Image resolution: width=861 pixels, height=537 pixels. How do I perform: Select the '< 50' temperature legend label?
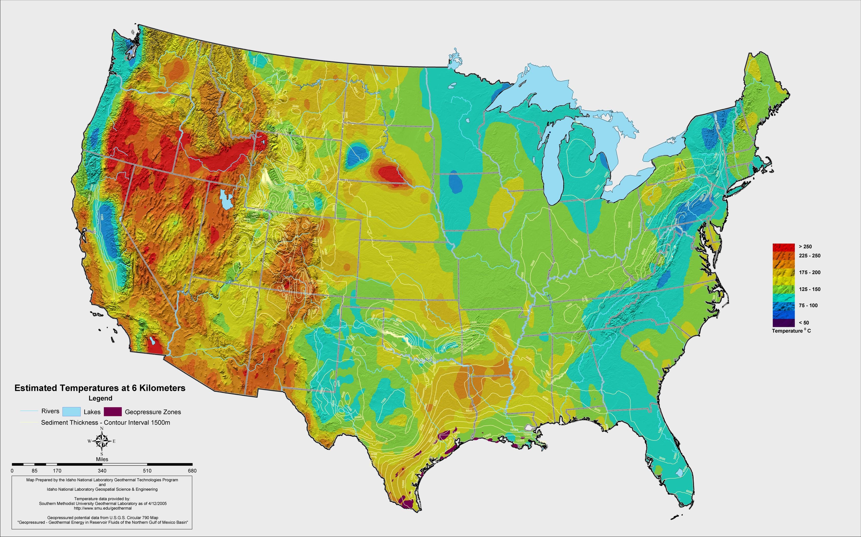tap(804, 323)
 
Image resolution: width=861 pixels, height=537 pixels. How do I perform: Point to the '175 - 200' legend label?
tap(809, 272)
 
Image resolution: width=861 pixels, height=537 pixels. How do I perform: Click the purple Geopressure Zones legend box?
tap(113, 412)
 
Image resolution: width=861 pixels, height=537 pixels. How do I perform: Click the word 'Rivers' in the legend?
tap(50, 411)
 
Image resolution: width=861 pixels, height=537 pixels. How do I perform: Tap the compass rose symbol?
tap(102, 441)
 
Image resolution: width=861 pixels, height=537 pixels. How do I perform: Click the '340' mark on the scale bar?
tap(102, 471)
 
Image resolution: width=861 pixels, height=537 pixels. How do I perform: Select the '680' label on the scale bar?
tap(192, 471)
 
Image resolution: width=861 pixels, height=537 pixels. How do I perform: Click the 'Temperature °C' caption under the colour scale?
tap(791, 331)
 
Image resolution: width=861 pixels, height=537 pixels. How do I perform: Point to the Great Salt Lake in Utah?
tap(225, 200)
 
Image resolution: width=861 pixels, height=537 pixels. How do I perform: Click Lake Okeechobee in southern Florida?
tap(679, 472)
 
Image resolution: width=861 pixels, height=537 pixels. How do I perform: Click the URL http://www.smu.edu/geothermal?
tap(102, 508)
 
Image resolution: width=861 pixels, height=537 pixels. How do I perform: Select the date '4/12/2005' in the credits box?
tap(156, 503)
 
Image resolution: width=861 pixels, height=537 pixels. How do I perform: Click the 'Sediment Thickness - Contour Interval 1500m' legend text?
tap(105, 423)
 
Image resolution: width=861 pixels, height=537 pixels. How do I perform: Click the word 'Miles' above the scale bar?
tap(102, 459)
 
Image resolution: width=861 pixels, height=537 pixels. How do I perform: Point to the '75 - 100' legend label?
tap(808, 305)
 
